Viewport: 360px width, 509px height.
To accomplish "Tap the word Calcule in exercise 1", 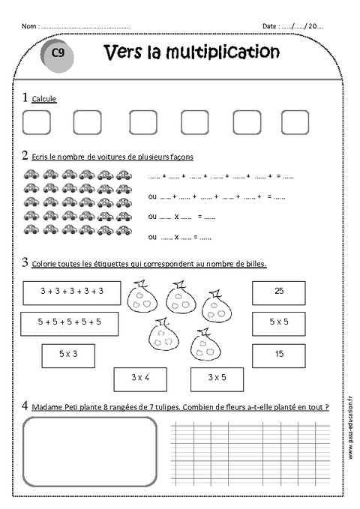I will click(x=44, y=99).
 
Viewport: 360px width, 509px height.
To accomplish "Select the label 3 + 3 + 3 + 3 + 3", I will click(x=71, y=292).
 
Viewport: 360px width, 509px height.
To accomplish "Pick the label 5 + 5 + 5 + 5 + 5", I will click(x=70, y=322).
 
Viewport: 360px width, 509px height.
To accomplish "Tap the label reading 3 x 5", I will click(x=217, y=378).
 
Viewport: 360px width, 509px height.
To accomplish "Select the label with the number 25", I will click(x=278, y=291).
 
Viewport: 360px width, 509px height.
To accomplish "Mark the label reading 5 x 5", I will click(x=278, y=322).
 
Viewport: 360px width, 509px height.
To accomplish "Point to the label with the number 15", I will click(x=278, y=353).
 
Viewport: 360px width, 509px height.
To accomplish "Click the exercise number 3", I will click(x=25, y=262).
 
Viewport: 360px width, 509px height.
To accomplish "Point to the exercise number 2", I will click(x=25, y=155).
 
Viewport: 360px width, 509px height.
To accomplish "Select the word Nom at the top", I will click(x=28, y=26).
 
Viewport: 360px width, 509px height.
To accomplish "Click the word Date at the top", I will click(x=269, y=26).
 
